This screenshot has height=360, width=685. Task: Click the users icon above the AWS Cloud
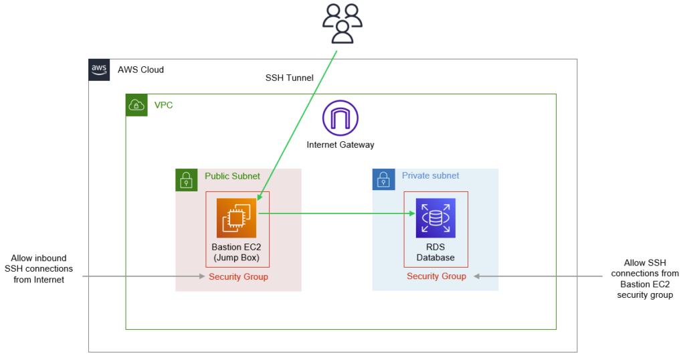(342, 23)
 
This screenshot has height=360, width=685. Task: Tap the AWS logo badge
(99, 70)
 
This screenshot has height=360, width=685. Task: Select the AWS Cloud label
(140, 70)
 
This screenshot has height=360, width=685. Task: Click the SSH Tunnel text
(289, 78)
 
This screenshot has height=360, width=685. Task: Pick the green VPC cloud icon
(136, 105)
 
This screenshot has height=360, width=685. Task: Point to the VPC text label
(163, 105)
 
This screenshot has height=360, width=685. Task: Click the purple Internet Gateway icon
(340, 118)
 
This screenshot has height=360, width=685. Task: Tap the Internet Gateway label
(340, 145)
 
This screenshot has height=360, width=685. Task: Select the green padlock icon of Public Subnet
(187, 180)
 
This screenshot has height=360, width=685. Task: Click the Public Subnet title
(232, 176)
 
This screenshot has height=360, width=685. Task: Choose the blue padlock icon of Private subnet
(383, 179)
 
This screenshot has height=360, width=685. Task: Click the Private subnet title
(430, 175)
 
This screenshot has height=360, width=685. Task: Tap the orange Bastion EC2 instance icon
(236, 218)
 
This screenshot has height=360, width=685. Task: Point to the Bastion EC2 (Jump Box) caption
(236, 252)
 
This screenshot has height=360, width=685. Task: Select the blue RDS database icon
(435, 218)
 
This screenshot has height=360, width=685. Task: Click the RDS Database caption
(435, 252)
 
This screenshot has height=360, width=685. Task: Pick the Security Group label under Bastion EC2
(239, 276)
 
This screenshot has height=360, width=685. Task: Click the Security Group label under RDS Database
(436, 276)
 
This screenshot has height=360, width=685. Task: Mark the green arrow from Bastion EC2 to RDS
(337, 213)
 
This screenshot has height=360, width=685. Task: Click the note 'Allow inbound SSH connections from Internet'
(39, 269)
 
